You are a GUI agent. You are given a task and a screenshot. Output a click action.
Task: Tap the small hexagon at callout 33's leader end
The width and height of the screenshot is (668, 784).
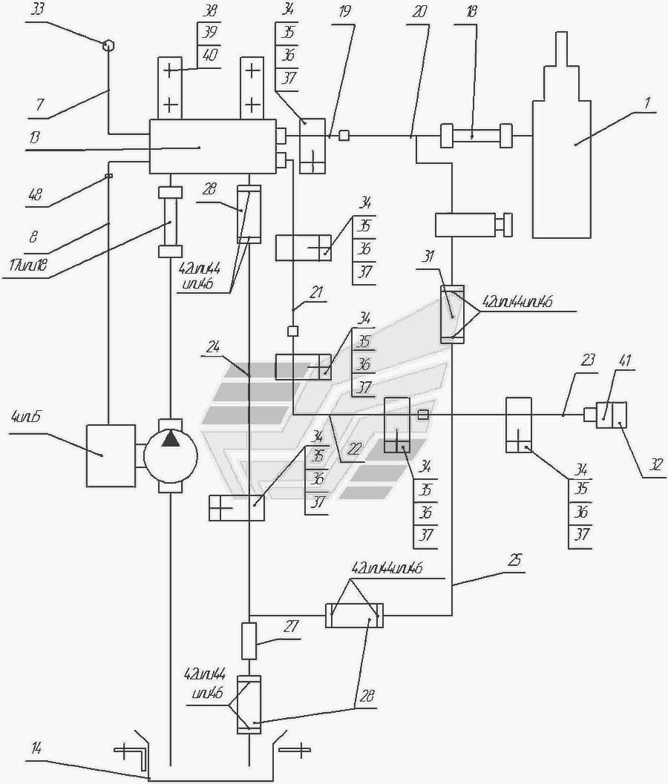point(109,44)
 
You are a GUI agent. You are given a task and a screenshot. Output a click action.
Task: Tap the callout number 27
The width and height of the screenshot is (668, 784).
point(290,627)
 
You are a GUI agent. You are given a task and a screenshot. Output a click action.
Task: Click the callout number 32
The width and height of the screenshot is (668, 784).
point(655,465)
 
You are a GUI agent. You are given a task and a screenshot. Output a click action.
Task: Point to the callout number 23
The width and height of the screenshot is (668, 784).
point(587,361)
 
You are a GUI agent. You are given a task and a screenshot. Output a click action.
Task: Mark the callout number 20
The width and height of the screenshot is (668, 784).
point(419,12)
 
